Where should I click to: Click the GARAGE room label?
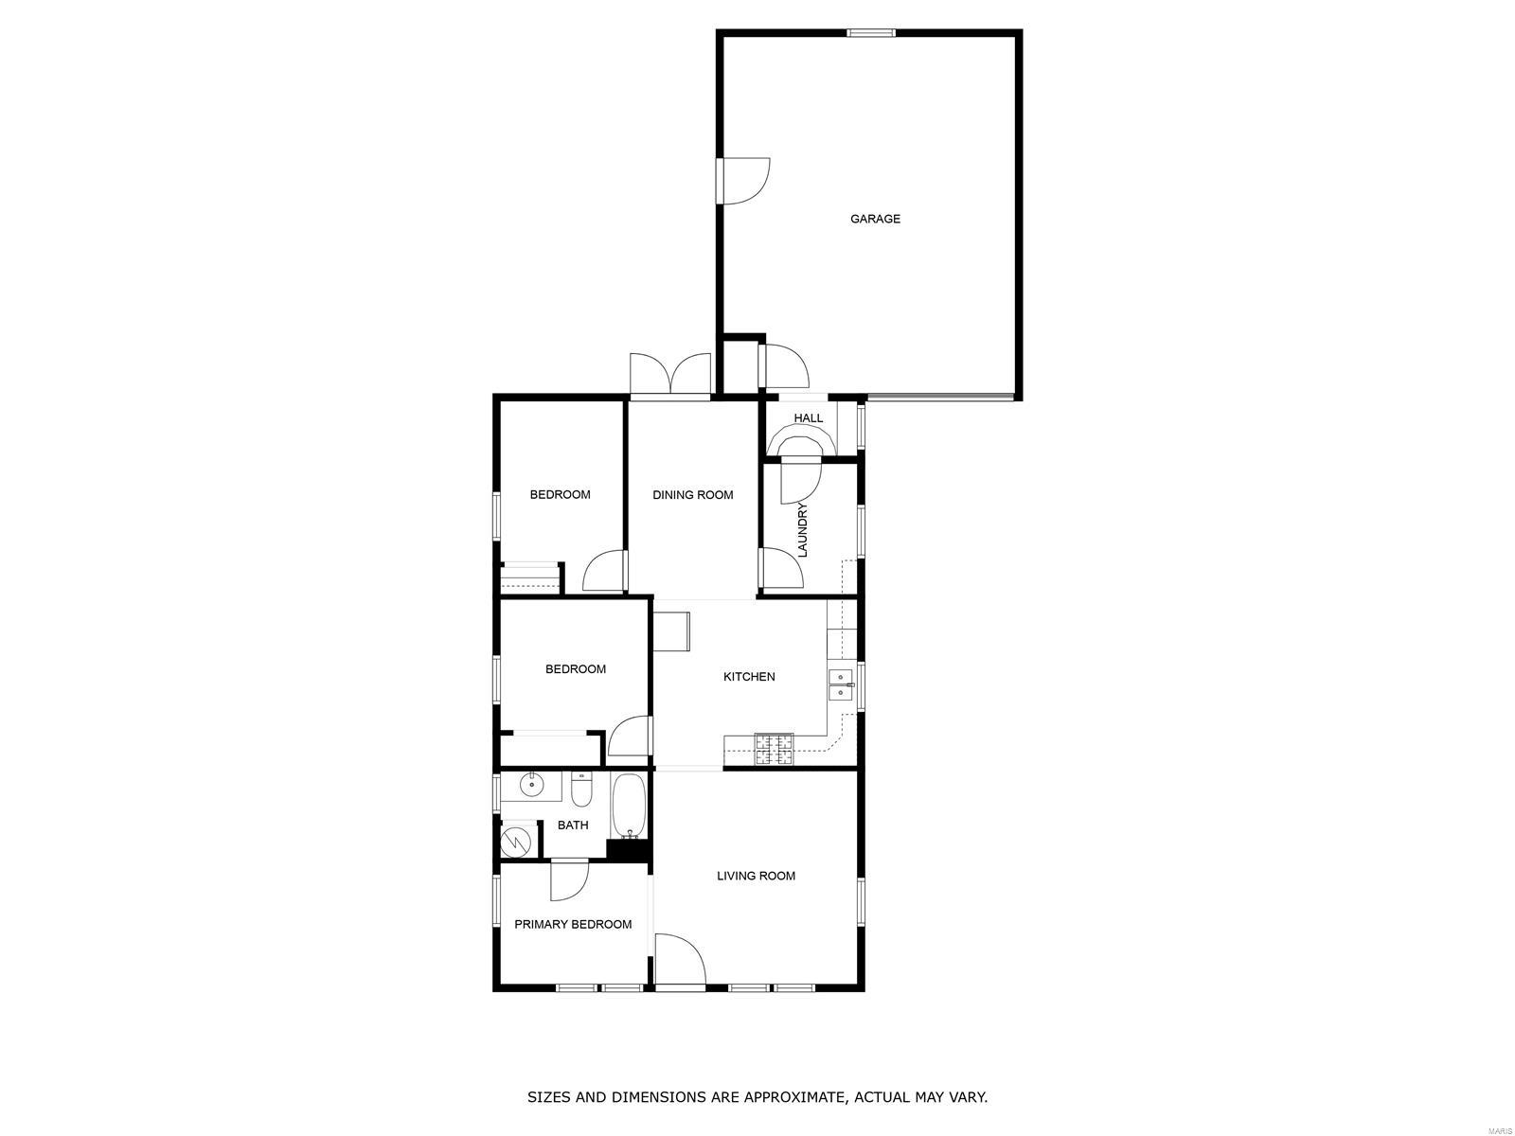(875, 219)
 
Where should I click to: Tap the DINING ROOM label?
(692, 494)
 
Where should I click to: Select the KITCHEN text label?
(749, 677)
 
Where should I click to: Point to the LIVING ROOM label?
(756, 876)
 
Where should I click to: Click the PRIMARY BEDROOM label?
(573, 924)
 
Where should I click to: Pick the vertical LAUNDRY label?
(802, 530)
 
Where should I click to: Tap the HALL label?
(809, 418)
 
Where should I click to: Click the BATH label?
(573, 825)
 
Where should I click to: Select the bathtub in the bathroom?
(629, 806)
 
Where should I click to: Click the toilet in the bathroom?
(581, 790)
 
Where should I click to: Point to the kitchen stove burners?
(775, 749)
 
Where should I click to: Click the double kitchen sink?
(840, 684)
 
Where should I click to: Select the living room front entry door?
(679, 959)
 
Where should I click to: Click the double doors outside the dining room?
(670, 376)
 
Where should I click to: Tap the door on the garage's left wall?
(742, 182)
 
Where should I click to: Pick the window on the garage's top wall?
(871, 32)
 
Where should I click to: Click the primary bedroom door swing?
(569, 880)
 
